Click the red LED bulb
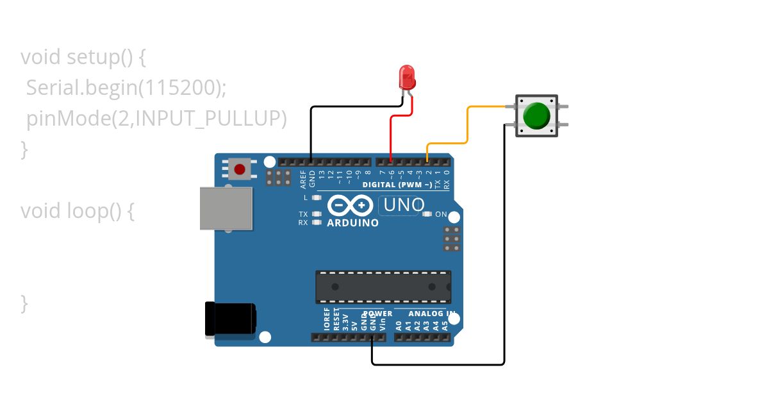pos(407,76)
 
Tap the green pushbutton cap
pos(536,115)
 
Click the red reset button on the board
pos(240,169)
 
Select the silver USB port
pos(226,208)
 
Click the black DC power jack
pos(229,319)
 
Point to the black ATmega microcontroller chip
pos(383,287)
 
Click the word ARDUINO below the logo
pos(352,223)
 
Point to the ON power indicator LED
pos(427,214)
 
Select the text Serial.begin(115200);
pos(126,88)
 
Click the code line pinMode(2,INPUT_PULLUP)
pos(156,119)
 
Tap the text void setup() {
pos(83,57)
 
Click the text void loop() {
pos(77,210)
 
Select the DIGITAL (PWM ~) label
pos(397,185)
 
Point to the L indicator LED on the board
pos(316,198)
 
